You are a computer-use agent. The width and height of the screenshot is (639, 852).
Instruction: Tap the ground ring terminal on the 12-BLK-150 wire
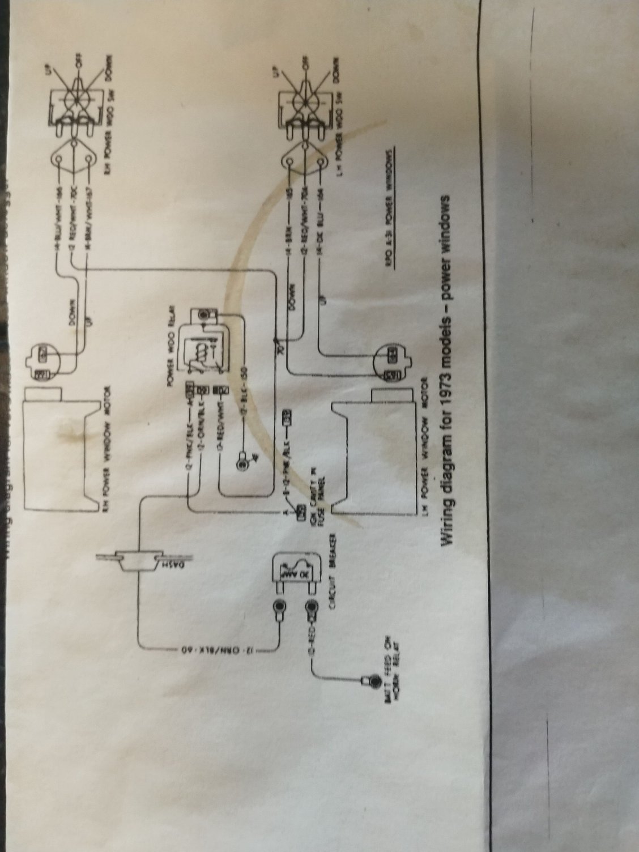tap(242, 465)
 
